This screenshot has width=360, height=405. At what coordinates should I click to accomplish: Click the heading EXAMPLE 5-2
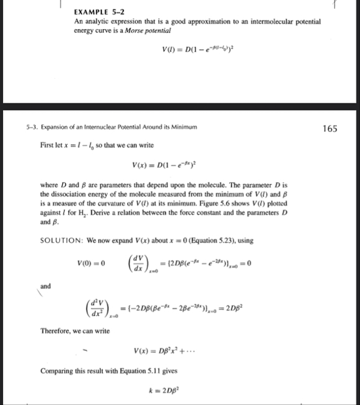[x=95, y=12]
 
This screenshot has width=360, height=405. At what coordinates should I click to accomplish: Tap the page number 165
[x=331, y=129]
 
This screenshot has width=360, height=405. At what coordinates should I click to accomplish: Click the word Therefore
[x=59, y=330]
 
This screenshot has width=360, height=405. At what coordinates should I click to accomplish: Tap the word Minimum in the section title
[x=182, y=128]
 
